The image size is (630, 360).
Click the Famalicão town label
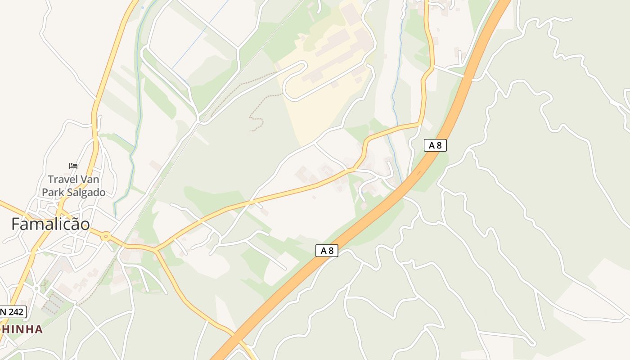coord(50,224)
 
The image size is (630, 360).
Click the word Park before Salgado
coord(54,193)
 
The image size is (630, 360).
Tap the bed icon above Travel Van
coord(73,166)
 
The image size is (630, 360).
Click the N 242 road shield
coord(13,311)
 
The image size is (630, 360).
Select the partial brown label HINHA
coord(22,329)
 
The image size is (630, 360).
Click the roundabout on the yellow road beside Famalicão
coord(106,236)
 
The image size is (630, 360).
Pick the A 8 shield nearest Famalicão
coord(327,251)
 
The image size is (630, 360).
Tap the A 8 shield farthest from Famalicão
coord(435,145)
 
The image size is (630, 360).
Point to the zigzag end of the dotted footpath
coord(255,123)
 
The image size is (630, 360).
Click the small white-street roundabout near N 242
coord(36,287)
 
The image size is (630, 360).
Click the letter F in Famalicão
coord(16,224)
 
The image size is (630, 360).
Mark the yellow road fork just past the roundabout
coord(155,249)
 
